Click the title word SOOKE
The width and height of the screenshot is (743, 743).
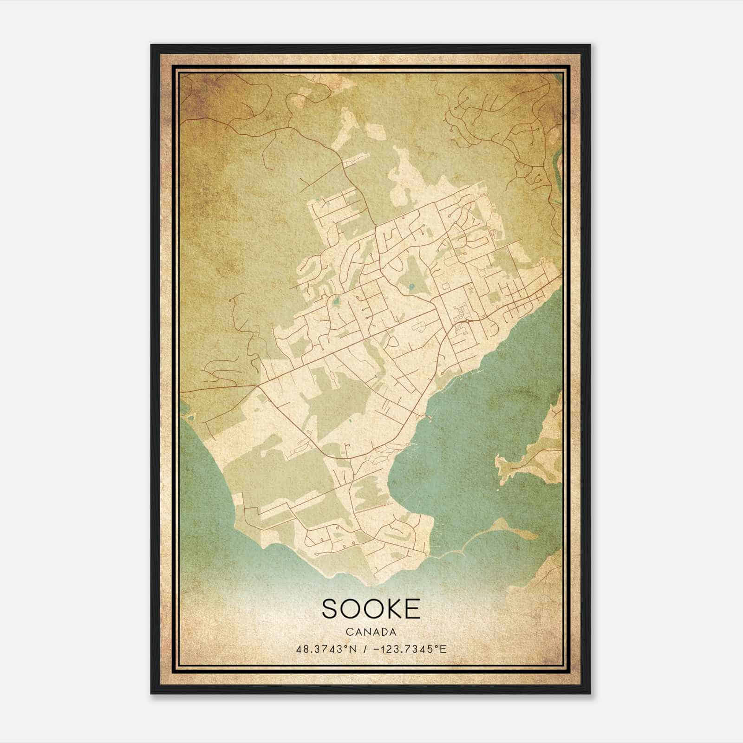[x=371, y=608]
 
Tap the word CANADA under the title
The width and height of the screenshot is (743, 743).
[x=371, y=632]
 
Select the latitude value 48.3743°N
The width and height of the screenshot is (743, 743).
[x=326, y=649]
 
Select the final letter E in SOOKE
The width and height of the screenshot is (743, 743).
[x=412, y=608]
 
